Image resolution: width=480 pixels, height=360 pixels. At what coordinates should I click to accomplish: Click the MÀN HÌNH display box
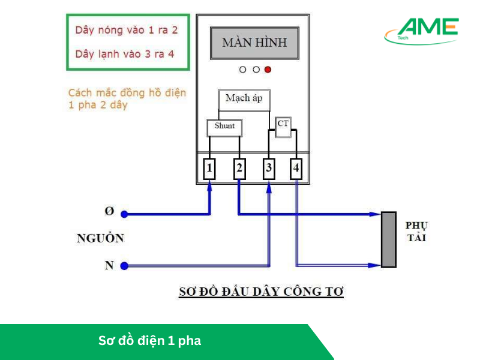(x=254, y=43)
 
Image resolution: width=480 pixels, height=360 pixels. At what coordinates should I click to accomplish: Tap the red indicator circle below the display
(x=268, y=70)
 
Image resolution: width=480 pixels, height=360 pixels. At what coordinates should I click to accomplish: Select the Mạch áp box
(x=244, y=99)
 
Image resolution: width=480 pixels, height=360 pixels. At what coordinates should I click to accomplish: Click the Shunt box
(x=224, y=127)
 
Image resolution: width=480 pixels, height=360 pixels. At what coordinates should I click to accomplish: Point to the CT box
(x=283, y=124)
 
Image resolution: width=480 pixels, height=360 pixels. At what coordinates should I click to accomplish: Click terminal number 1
(x=209, y=169)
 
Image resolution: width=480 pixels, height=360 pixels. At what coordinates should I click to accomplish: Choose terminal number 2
(x=239, y=169)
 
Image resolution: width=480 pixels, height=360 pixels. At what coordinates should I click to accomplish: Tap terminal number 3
(x=268, y=169)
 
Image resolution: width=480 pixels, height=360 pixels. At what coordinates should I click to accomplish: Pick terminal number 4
(x=296, y=169)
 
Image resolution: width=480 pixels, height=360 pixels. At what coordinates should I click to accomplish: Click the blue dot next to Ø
(x=124, y=214)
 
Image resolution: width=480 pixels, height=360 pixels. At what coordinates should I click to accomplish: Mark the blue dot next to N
(x=124, y=265)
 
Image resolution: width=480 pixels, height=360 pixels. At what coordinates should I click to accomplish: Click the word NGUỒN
(x=100, y=238)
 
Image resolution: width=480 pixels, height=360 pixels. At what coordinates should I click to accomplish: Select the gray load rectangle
(x=389, y=239)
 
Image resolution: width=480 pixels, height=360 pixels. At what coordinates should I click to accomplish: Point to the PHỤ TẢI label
(x=416, y=232)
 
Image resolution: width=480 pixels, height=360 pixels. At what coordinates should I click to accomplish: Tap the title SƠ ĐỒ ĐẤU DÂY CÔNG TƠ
(x=261, y=292)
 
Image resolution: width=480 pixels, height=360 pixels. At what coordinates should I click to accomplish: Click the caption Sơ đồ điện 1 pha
(x=149, y=341)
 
